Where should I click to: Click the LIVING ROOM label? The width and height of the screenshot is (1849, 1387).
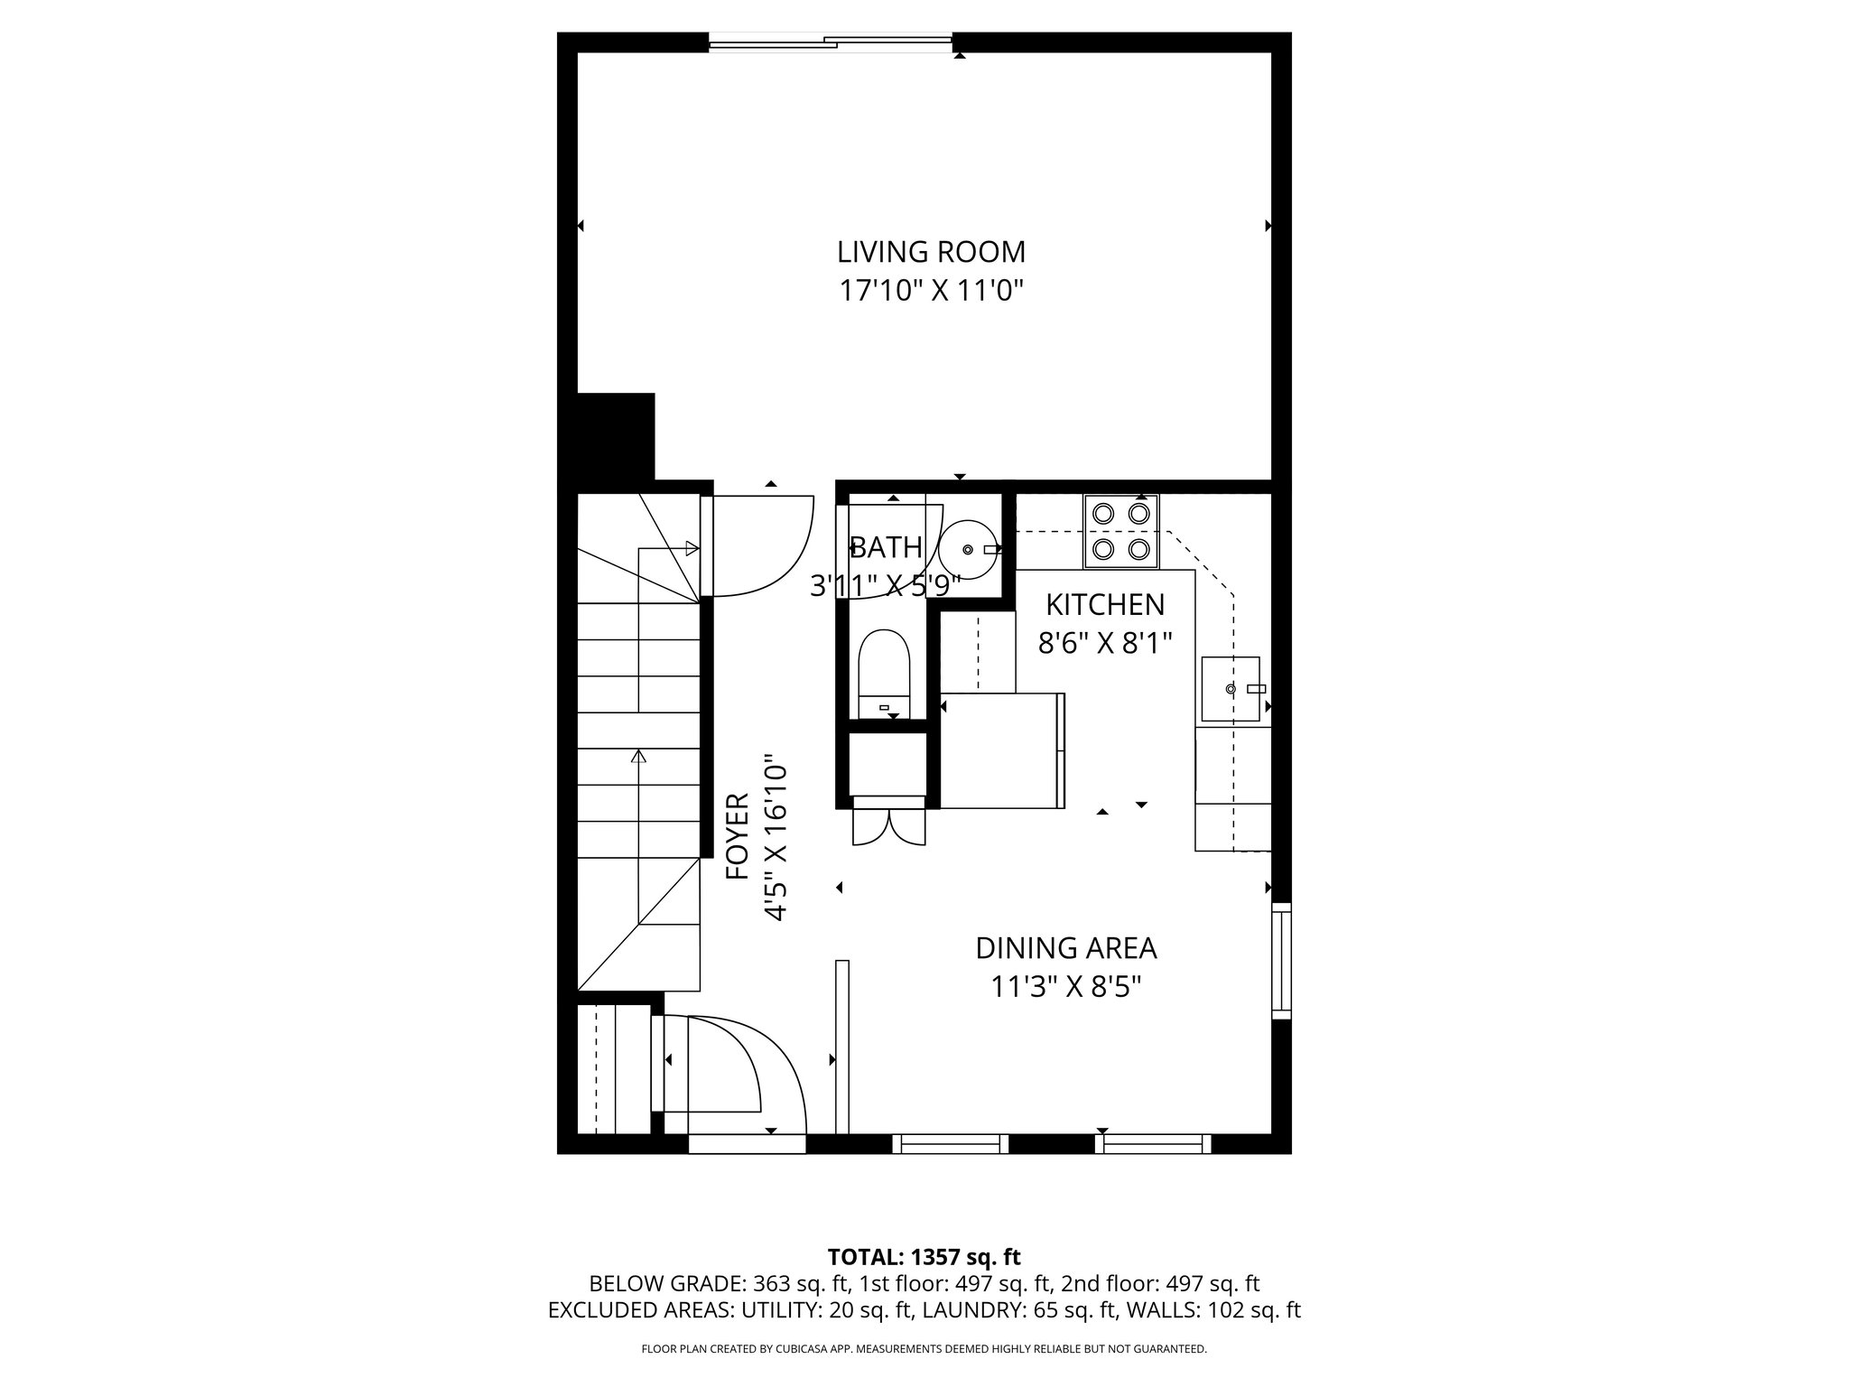point(931,251)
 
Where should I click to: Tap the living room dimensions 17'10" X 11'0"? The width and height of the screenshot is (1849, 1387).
point(931,291)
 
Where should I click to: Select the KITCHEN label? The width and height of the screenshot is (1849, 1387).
point(1105,603)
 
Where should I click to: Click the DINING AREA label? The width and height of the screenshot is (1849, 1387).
point(1065,948)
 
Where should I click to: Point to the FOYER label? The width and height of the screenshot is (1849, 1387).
point(738,836)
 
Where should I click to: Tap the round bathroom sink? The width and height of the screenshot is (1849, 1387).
point(968,549)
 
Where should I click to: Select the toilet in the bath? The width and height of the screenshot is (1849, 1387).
point(885,674)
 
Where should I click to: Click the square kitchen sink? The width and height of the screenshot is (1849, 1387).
point(1230,689)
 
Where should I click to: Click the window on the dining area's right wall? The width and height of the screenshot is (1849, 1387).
point(1281,961)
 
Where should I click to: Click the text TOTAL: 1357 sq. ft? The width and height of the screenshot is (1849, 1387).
point(924,1257)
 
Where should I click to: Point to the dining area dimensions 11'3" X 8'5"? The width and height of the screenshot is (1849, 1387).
point(1065,987)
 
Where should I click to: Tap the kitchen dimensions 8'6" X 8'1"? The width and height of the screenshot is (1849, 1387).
point(1105,643)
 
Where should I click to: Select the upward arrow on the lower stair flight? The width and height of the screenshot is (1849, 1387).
point(639,757)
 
